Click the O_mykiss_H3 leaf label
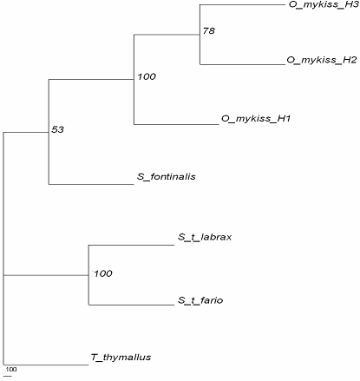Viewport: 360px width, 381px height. coord(324,5)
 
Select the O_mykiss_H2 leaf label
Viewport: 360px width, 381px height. coord(322,60)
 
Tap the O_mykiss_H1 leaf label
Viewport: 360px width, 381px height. coord(256,119)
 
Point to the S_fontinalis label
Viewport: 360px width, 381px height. coord(167,176)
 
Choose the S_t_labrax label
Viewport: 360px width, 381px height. coord(205,237)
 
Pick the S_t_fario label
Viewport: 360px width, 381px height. coord(200,300)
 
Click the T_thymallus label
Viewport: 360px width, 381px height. coord(121,358)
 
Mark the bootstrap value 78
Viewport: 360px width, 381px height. coord(209,30)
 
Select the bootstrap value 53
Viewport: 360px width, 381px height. coord(57,129)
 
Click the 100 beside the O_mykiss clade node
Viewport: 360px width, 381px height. coord(147,76)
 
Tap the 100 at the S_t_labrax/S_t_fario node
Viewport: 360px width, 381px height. coord(103,273)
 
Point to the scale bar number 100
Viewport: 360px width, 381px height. coord(11,369)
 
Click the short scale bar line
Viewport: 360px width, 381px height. coord(8,376)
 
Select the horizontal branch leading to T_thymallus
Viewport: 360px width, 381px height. coord(46,365)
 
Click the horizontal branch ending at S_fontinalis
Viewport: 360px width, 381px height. coord(91,184)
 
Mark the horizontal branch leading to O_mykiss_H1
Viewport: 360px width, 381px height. coord(176,124)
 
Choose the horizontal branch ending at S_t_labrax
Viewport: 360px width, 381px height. coord(131,245)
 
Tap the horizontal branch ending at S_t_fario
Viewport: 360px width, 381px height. coord(131,305)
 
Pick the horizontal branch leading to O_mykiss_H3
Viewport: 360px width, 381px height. coord(243,4)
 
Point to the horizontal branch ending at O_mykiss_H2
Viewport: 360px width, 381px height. coord(243,64)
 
